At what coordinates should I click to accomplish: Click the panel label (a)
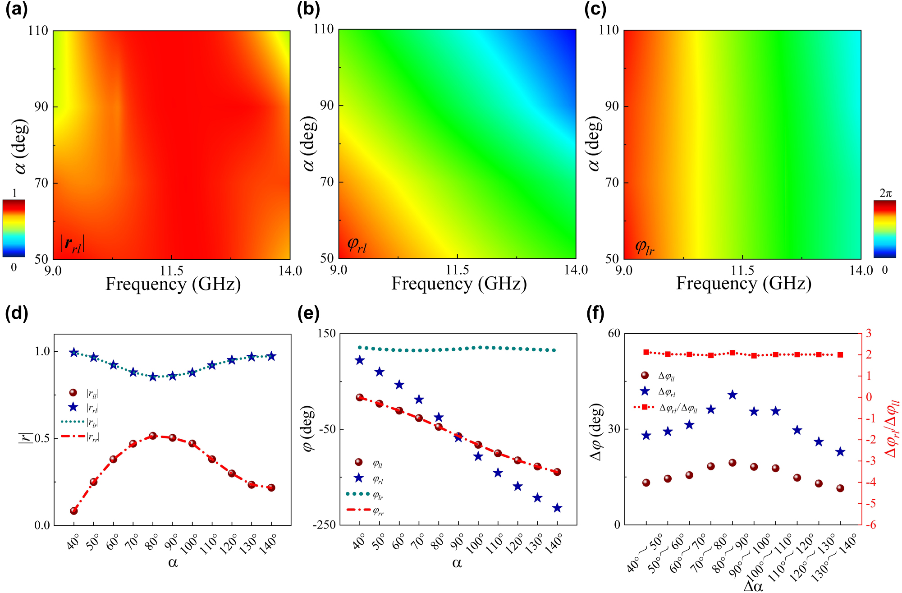click(x=16, y=9)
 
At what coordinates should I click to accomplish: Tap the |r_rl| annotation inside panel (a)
click(x=73, y=244)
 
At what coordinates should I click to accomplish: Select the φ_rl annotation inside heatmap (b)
click(x=357, y=245)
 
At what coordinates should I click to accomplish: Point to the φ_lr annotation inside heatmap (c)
click(x=645, y=247)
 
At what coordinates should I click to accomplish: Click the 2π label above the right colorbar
click(x=885, y=193)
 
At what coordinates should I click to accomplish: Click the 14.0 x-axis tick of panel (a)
click(x=290, y=271)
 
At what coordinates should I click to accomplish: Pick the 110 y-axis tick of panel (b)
click(x=324, y=29)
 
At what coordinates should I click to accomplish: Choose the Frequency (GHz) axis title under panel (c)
click(x=744, y=283)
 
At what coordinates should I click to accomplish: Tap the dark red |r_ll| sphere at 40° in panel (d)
click(x=74, y=511)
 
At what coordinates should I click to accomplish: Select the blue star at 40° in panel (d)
click(x=74, y=353)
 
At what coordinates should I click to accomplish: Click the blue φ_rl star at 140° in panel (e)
click(x=557, y=508)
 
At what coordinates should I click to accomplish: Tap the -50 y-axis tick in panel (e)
click(x=327, y=429)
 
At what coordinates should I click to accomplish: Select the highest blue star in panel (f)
click(x=733, y=395)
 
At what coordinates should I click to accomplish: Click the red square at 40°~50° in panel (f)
click(x=646, y=352)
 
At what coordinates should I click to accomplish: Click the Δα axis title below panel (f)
click(x=753, y=586)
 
